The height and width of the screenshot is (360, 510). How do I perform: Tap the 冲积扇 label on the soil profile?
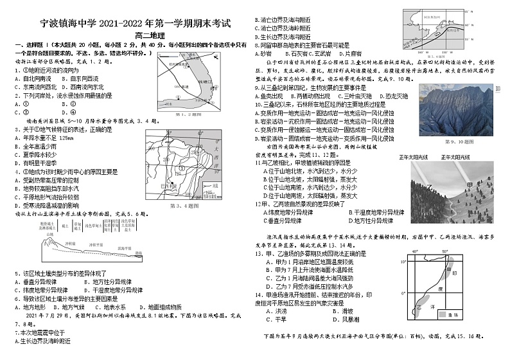[94, 244]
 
